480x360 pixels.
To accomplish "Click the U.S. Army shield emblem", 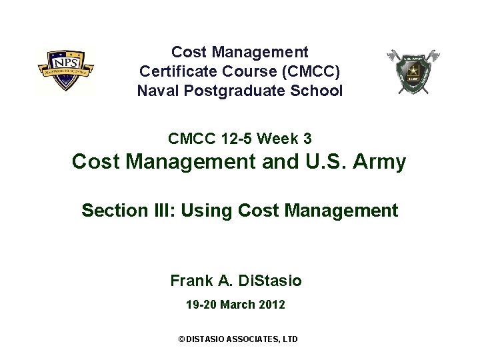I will (413, 71).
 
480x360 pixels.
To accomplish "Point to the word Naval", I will (157, 90).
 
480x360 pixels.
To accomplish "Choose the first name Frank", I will (191, 281).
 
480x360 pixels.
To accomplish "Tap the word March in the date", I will (237, 305).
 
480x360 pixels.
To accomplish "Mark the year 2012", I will (272, 305).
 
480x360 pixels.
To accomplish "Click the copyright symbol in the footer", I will (181, 339).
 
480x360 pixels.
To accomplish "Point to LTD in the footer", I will (291, 339).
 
